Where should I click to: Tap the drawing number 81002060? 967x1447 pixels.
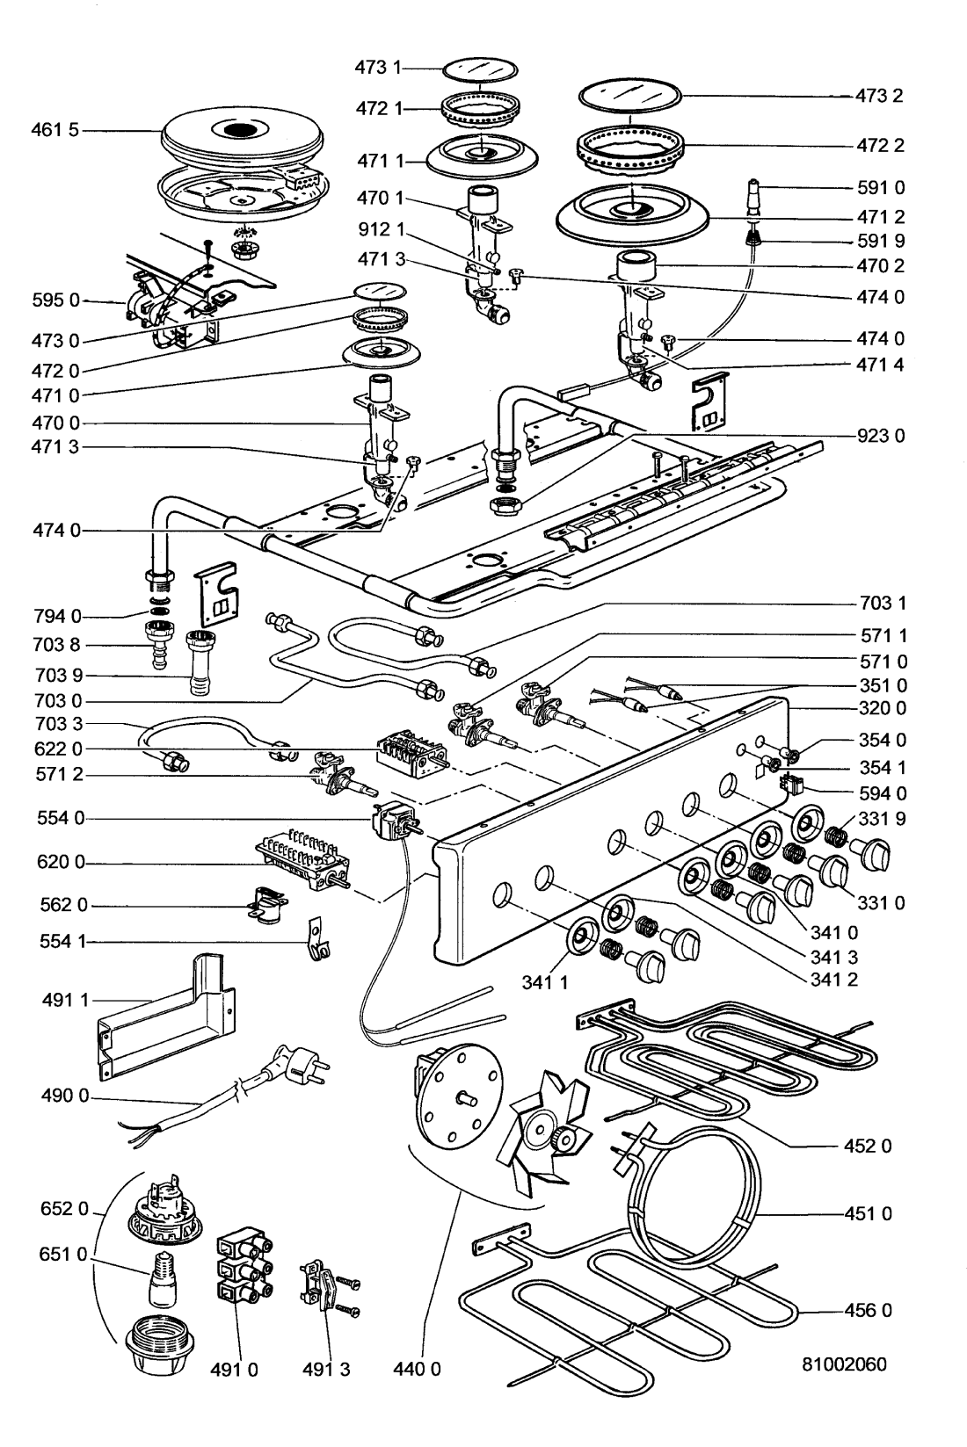(x=844, y=1389)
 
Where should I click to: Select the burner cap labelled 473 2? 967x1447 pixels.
(x=632, y=93)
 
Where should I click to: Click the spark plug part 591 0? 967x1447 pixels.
(x=754, y=195)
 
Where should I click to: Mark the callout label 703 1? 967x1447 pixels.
(x=883, y=604)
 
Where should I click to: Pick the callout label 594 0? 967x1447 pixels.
(x=881, y=793)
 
